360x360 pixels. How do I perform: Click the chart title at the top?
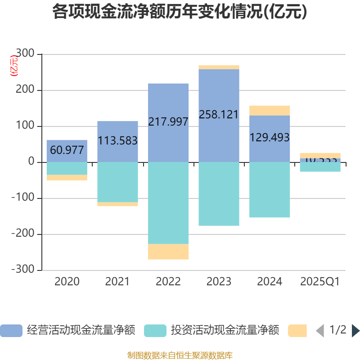pyautogui.click(x=180, y=12)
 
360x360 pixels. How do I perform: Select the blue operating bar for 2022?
pyautogui.click(x=168, y=103)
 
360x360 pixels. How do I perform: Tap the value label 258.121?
pyautogui.click(x=219, y=114)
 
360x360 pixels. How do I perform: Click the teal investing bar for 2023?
pyautogui.click(x=219, y=194)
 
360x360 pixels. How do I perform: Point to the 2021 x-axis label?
pyautogui.click(x=117, y=282)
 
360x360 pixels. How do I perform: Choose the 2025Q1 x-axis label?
pyautogui.click(x=319, y=282)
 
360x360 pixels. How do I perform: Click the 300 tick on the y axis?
pyautogui.click(x=25, y=54)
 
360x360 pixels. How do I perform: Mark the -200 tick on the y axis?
pyautogui.click(x=22, y=234)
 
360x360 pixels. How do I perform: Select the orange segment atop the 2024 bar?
pyautogui.click(x=270, y=110)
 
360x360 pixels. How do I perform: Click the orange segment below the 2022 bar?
pyautogui.click(x=168, y=252)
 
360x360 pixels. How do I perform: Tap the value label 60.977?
pyautogui.click(x=67, y=150)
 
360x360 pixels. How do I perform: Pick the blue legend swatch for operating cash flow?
pyautogui.click(x=11, y=331)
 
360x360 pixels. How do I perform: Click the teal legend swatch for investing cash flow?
pyautogui.click(x=155, y=331)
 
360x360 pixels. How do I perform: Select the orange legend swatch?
pyautogui.click(x=297, y=331)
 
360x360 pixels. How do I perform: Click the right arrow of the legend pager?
pyautogui.click(x=355, y=331)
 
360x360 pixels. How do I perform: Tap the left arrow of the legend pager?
pyautogui.click(x=320, y=331)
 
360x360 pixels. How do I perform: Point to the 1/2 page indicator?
pyautogui.click(x=338, y=330)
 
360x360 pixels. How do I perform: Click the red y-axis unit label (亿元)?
pyautogui.click(x=14, y=66)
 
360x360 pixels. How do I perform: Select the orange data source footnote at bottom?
pyautogui.click(x=180, y=355)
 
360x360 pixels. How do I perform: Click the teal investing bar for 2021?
pyautogui.click(x=117, y=182)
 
